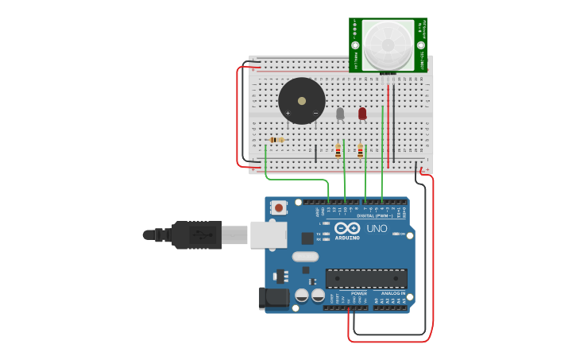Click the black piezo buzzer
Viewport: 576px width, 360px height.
[301, 101]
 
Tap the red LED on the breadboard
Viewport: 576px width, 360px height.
[362, 114]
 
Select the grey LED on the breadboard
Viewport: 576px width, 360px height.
[340, 114]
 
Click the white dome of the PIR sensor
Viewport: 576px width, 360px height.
[389, 44]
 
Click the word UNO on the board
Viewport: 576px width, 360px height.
[377, 229]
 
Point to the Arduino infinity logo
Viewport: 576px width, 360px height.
[347, 228]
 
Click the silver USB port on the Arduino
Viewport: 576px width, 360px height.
[268, 234]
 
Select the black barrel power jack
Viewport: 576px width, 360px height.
[272, 299]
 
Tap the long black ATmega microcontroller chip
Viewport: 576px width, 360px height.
[366, 278]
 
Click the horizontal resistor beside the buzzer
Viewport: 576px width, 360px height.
[276, 140]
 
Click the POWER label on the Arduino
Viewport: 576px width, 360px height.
[359, 293]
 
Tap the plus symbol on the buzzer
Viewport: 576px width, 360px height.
[288, 113]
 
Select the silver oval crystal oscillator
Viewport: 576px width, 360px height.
[305, 257]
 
